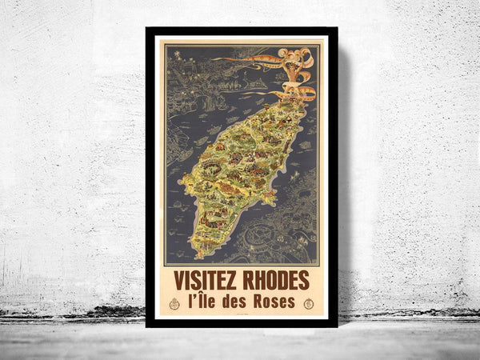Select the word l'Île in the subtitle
pyautogui.click(x=204, y=302)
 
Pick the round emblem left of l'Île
pyautogui.click(x=174, y=303)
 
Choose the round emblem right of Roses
pyautogui.click(x=309, y=303)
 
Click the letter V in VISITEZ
pyautogui.click(x=178, y=282)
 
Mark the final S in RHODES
pyautogui.click(x=305, y=282)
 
